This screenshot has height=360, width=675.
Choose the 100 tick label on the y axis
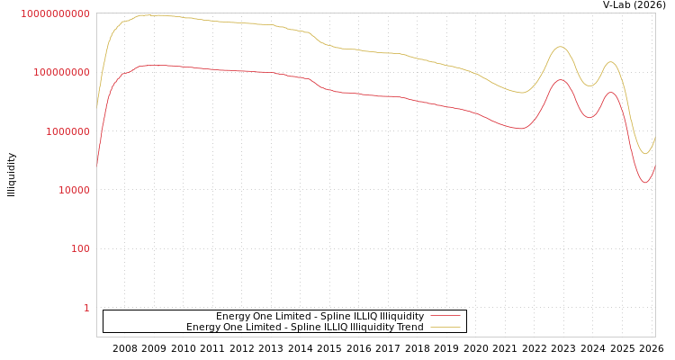tap(79, 249)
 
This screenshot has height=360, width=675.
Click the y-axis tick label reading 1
tap(86, 308)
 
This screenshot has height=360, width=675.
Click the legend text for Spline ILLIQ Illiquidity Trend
tap(305, 327)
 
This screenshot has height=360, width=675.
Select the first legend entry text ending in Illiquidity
tap(319, 316)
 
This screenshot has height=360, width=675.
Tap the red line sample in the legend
tap(445, 316)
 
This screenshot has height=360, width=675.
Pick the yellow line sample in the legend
tap(445, 327)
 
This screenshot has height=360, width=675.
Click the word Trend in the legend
tap(409, 327)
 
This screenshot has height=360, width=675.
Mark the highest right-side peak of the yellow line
tap(561, 47)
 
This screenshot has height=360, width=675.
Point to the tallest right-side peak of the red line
tap(561, 80)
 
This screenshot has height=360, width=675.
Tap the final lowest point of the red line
tap(645, 183)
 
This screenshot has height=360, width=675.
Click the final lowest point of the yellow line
tap(644, 154)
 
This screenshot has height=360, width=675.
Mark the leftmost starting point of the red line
tap(97, 166)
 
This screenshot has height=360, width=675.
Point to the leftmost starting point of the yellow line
tap(97, 108)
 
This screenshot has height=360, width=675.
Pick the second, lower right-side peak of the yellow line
tap(611, 62)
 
